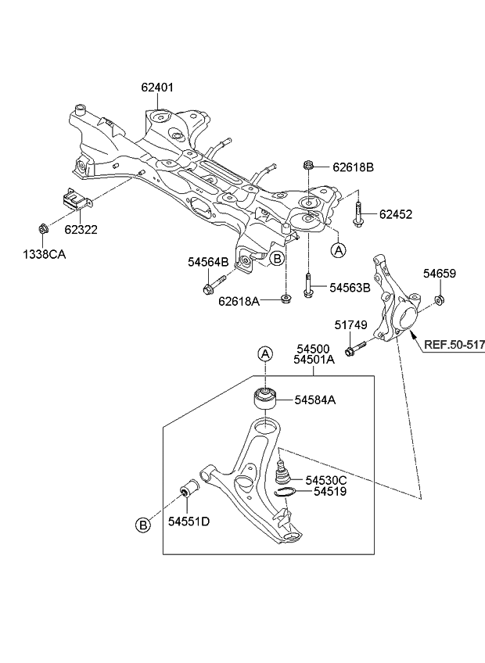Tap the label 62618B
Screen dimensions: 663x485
(354, 167)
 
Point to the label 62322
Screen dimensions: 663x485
(81, 230)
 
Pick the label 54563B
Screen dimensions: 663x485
(350, 288)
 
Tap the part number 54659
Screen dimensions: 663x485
(440, 274)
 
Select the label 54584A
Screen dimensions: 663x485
(315, 400)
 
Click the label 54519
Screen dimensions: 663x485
(329, 492)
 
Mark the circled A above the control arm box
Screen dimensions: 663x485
(266, 354)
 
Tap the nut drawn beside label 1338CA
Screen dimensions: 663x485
(43, 229)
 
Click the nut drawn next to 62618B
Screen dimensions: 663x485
(309, 167)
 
